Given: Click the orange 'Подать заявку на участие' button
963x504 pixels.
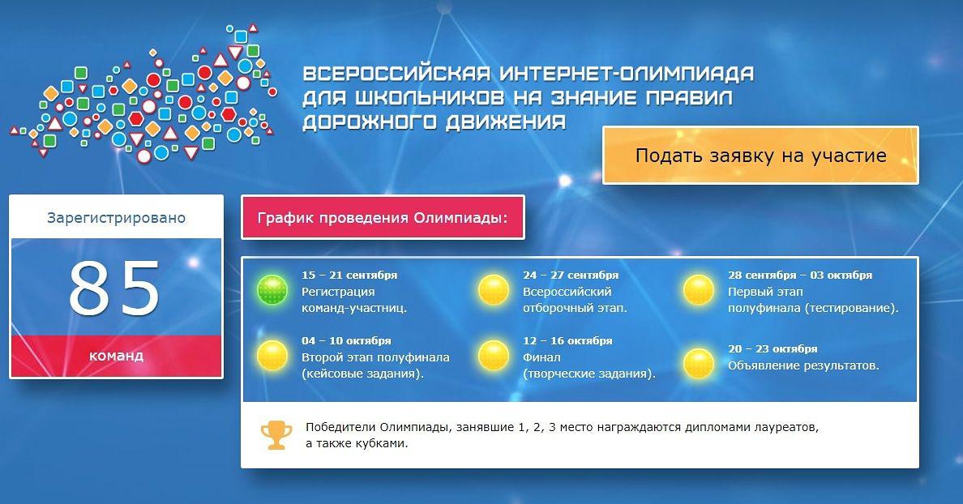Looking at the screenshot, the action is pos(760,156).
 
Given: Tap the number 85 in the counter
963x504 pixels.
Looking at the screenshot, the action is pos(114,288).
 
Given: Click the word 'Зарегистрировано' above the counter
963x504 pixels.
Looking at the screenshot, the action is pos(116,218).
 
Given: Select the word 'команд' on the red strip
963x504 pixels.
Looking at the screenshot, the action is pos(116,356).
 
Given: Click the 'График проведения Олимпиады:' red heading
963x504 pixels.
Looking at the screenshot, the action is pos(383,217).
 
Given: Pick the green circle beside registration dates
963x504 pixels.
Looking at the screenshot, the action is pos(272,290).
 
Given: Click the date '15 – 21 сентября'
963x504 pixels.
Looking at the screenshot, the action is pos(349,275).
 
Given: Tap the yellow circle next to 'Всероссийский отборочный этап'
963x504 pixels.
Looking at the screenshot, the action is pos(494,290).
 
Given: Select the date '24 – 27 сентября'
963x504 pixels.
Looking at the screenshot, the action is pos(571,275).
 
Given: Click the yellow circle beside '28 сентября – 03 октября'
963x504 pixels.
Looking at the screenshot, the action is pos(699,290).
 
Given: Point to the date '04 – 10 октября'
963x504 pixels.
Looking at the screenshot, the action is pos(346,340).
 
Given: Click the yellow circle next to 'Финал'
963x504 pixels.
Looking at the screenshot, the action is pos(494,356).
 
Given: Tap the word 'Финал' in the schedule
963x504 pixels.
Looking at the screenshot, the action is pos(541,357).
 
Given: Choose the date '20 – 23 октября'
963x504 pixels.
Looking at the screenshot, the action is pos(773,348).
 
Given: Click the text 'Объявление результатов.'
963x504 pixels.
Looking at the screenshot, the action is pos(803,366).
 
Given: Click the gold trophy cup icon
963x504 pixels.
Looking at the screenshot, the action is pos(276,434).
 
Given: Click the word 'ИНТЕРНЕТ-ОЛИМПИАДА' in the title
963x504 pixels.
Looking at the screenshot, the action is pos(627,74).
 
